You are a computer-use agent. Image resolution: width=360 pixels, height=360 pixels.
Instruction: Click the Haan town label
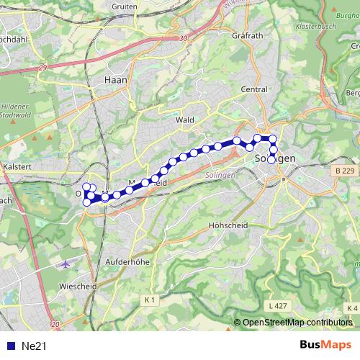click(x=115, y=81)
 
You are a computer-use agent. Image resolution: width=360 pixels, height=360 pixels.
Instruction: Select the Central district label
click(x=254, y=89)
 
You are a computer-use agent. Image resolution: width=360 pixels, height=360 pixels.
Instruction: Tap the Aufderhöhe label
click(x=127, y=262)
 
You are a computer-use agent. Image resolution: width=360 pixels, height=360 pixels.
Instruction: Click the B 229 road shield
click(x=346, y=171)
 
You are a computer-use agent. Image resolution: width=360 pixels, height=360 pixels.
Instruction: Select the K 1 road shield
click(x=150, y=299)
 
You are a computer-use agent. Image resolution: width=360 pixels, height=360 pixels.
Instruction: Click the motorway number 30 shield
click(x=184, y=38)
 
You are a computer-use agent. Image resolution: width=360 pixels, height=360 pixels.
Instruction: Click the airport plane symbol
click(x=67, y=264)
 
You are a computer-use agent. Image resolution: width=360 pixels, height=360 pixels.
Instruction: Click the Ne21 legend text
click(x=34, y=346)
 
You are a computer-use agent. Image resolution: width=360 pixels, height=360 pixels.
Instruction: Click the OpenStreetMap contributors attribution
click(x=297, y=323)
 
